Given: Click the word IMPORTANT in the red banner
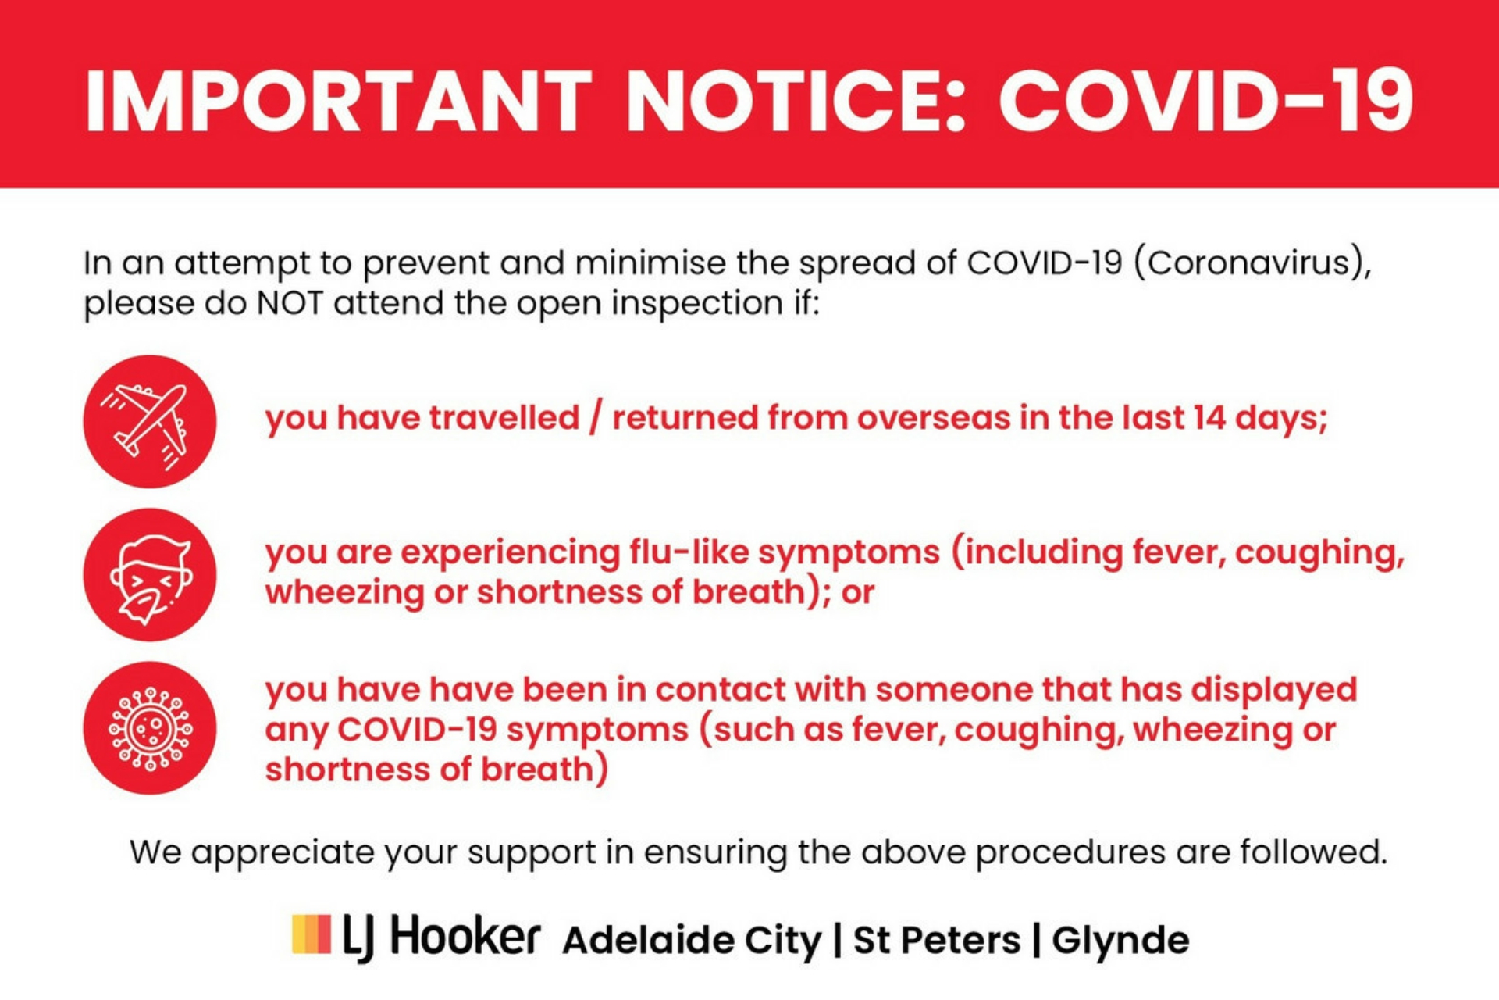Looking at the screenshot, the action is pyautogui.click(x=338, y=101).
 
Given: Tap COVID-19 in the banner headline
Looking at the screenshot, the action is pyautogui.click(x=1206, y=101).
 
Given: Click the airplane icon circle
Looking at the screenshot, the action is pyautogui.click(x=150, y=422).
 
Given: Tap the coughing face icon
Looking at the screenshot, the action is pyautogui.click(x=150, y=575).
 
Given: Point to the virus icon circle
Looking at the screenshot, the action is pyautogui.click(x=150, y=728).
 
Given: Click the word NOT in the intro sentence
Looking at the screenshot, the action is pyautogui.click(x=290, y=303).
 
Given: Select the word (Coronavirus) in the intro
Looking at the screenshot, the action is pyautogui.click(x=1252, y=263).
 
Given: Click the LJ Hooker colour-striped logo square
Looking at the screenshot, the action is pyautogui.click(x=312, y=934).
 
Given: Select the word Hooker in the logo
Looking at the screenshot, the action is pyautogui.click(x=465, y=936).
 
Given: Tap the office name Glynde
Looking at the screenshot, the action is pyautogui.click(x=1120, y=941).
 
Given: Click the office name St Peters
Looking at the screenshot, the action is pyautogui.click(x=937, y=940).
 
